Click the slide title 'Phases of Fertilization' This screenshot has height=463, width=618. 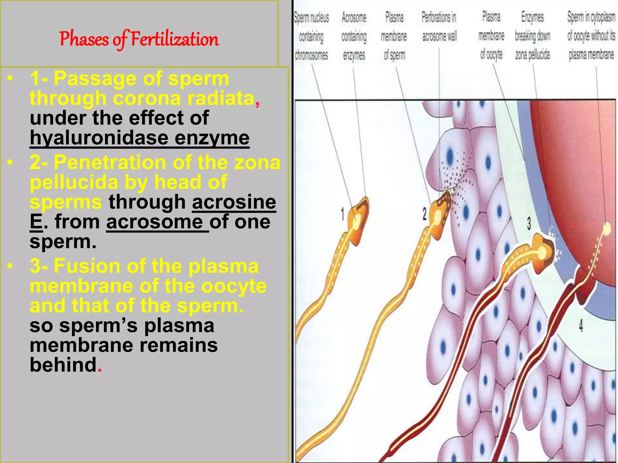coord(139,39)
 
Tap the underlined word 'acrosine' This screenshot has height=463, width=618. coord(234,202)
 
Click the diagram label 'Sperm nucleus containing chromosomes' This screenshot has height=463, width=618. coord(311,36)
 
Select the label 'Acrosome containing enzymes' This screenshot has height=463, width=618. coord(354,36)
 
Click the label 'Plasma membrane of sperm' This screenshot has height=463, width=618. coord(394,36)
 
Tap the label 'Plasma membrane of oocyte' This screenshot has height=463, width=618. coord(491,36)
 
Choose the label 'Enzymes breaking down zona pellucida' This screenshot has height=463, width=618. coord(532,36)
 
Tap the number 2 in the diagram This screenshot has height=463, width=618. coord(424,214)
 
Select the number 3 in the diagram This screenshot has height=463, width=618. coord(529,223)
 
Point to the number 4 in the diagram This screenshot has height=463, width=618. coord(581,326)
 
